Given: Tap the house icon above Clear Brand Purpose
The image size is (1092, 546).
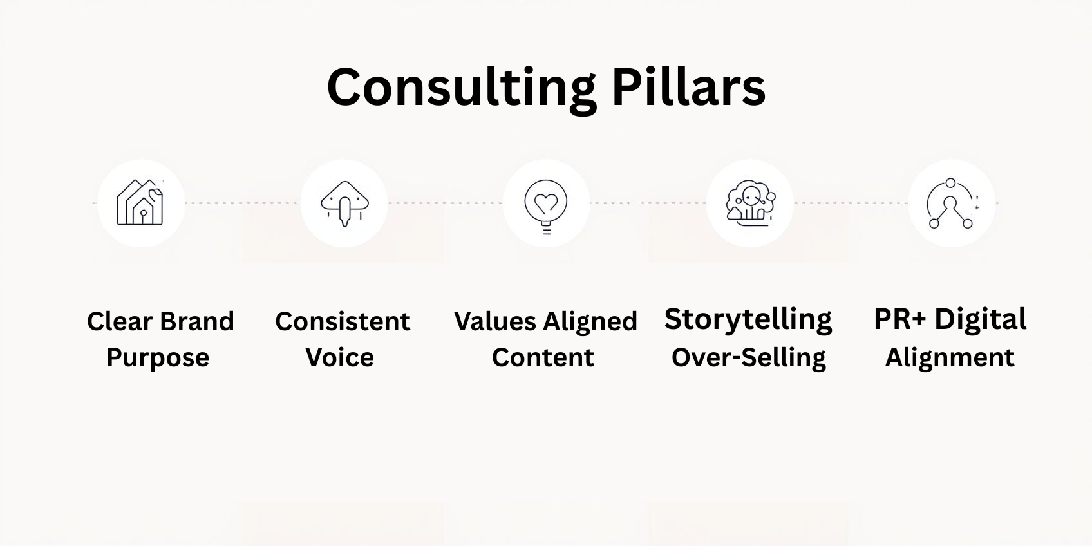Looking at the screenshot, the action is [140, 202].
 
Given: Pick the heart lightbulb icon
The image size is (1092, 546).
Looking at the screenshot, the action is [546, 207].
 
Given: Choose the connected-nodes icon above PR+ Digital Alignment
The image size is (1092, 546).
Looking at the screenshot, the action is [952, 203].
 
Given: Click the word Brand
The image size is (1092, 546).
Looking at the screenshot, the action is [197, 321].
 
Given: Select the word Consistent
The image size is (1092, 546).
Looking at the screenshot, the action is [343, 321].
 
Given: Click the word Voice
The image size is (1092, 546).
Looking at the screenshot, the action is [340, 357].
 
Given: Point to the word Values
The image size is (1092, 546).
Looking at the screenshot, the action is [495, 321].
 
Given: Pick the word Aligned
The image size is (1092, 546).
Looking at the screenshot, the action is [590, 323].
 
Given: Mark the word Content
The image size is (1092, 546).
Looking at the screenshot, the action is [543, 357].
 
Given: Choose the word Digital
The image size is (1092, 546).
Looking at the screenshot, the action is [981, 321].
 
